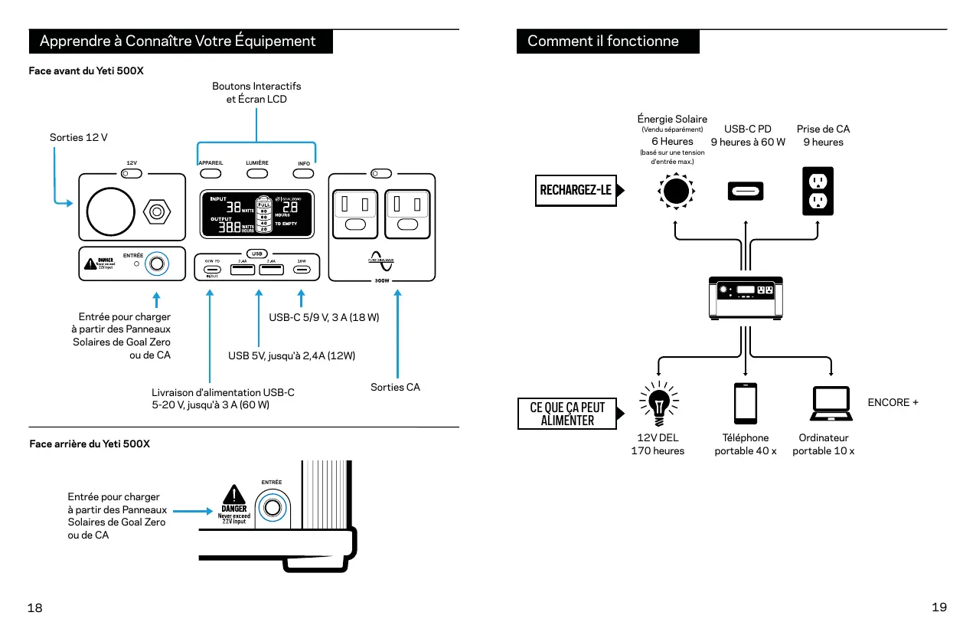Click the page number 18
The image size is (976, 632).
tap(35, 607)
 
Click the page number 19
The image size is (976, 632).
tap(939, 607)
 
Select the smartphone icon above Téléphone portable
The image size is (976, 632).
tap(746, 403)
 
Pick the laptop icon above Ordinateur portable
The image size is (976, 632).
tap(831, 404)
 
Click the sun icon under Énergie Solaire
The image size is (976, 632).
tap(675, 191)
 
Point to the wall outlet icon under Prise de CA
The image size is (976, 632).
tap(818, 191)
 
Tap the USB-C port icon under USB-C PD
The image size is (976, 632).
tap(746, 191)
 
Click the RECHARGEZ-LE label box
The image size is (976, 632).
tap(576, 190)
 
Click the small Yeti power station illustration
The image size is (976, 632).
tap(746, 297)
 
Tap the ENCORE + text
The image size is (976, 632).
tap(893, 402)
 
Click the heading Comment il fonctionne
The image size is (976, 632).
tap(603, 41)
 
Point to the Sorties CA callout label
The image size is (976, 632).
tap(395, 387)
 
